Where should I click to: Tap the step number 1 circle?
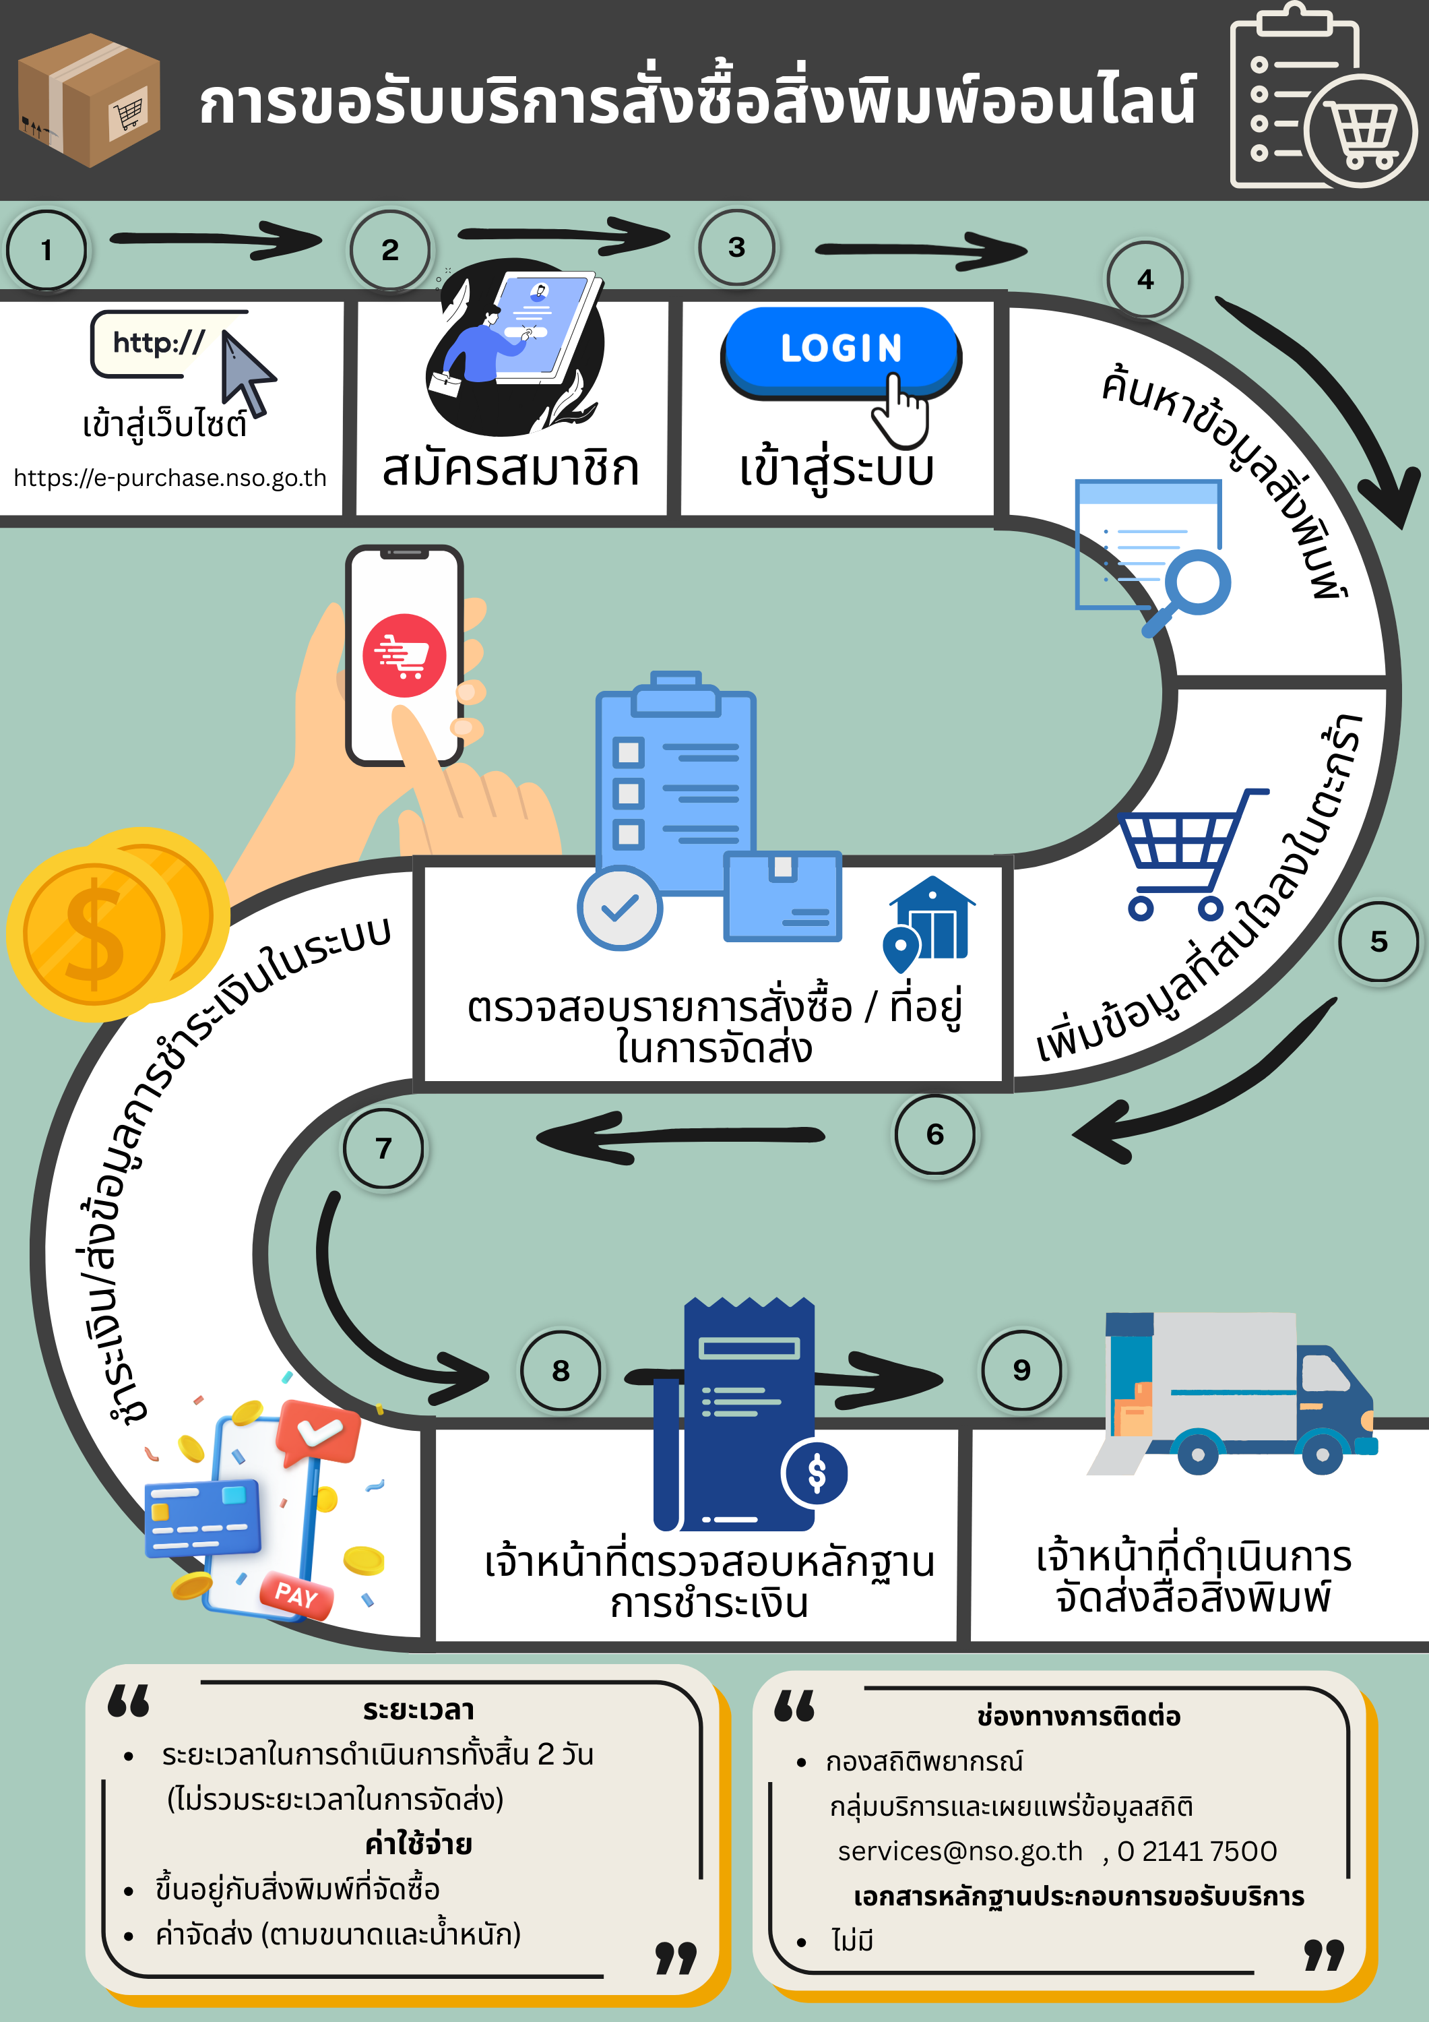[x=46, y=250]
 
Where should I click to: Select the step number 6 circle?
[x=934, y=1134]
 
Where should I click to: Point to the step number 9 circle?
[x=1021, y=1370]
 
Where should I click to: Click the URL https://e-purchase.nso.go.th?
[x=170, y=478]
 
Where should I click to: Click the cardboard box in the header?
[x=88, y=100]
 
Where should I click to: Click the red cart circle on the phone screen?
[x=404, y=655]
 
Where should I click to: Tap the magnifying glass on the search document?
[x=1194, y=586]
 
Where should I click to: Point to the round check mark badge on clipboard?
[x=620, y=907]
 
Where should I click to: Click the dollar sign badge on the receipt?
[x=816, y=1473]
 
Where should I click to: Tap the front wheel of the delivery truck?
[x=1323, y=1454]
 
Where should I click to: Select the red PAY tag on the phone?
[x=296, y=1595]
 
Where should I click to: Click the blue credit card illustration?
[x=203, y=1517]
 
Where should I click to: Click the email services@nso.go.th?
[x=959, y=1851]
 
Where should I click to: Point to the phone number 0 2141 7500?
[x=1197, y=1851]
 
